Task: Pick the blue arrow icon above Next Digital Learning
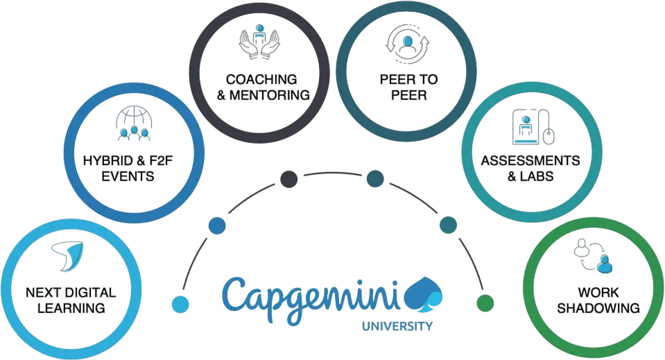pos(67,255)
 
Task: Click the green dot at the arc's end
pos(485,303)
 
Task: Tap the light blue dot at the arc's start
pos(180,303)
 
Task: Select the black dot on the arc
pos(288,180)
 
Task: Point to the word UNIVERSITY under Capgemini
pos(401,326)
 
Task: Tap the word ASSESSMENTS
pos(530,161)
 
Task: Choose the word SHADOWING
pos(598,307)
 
